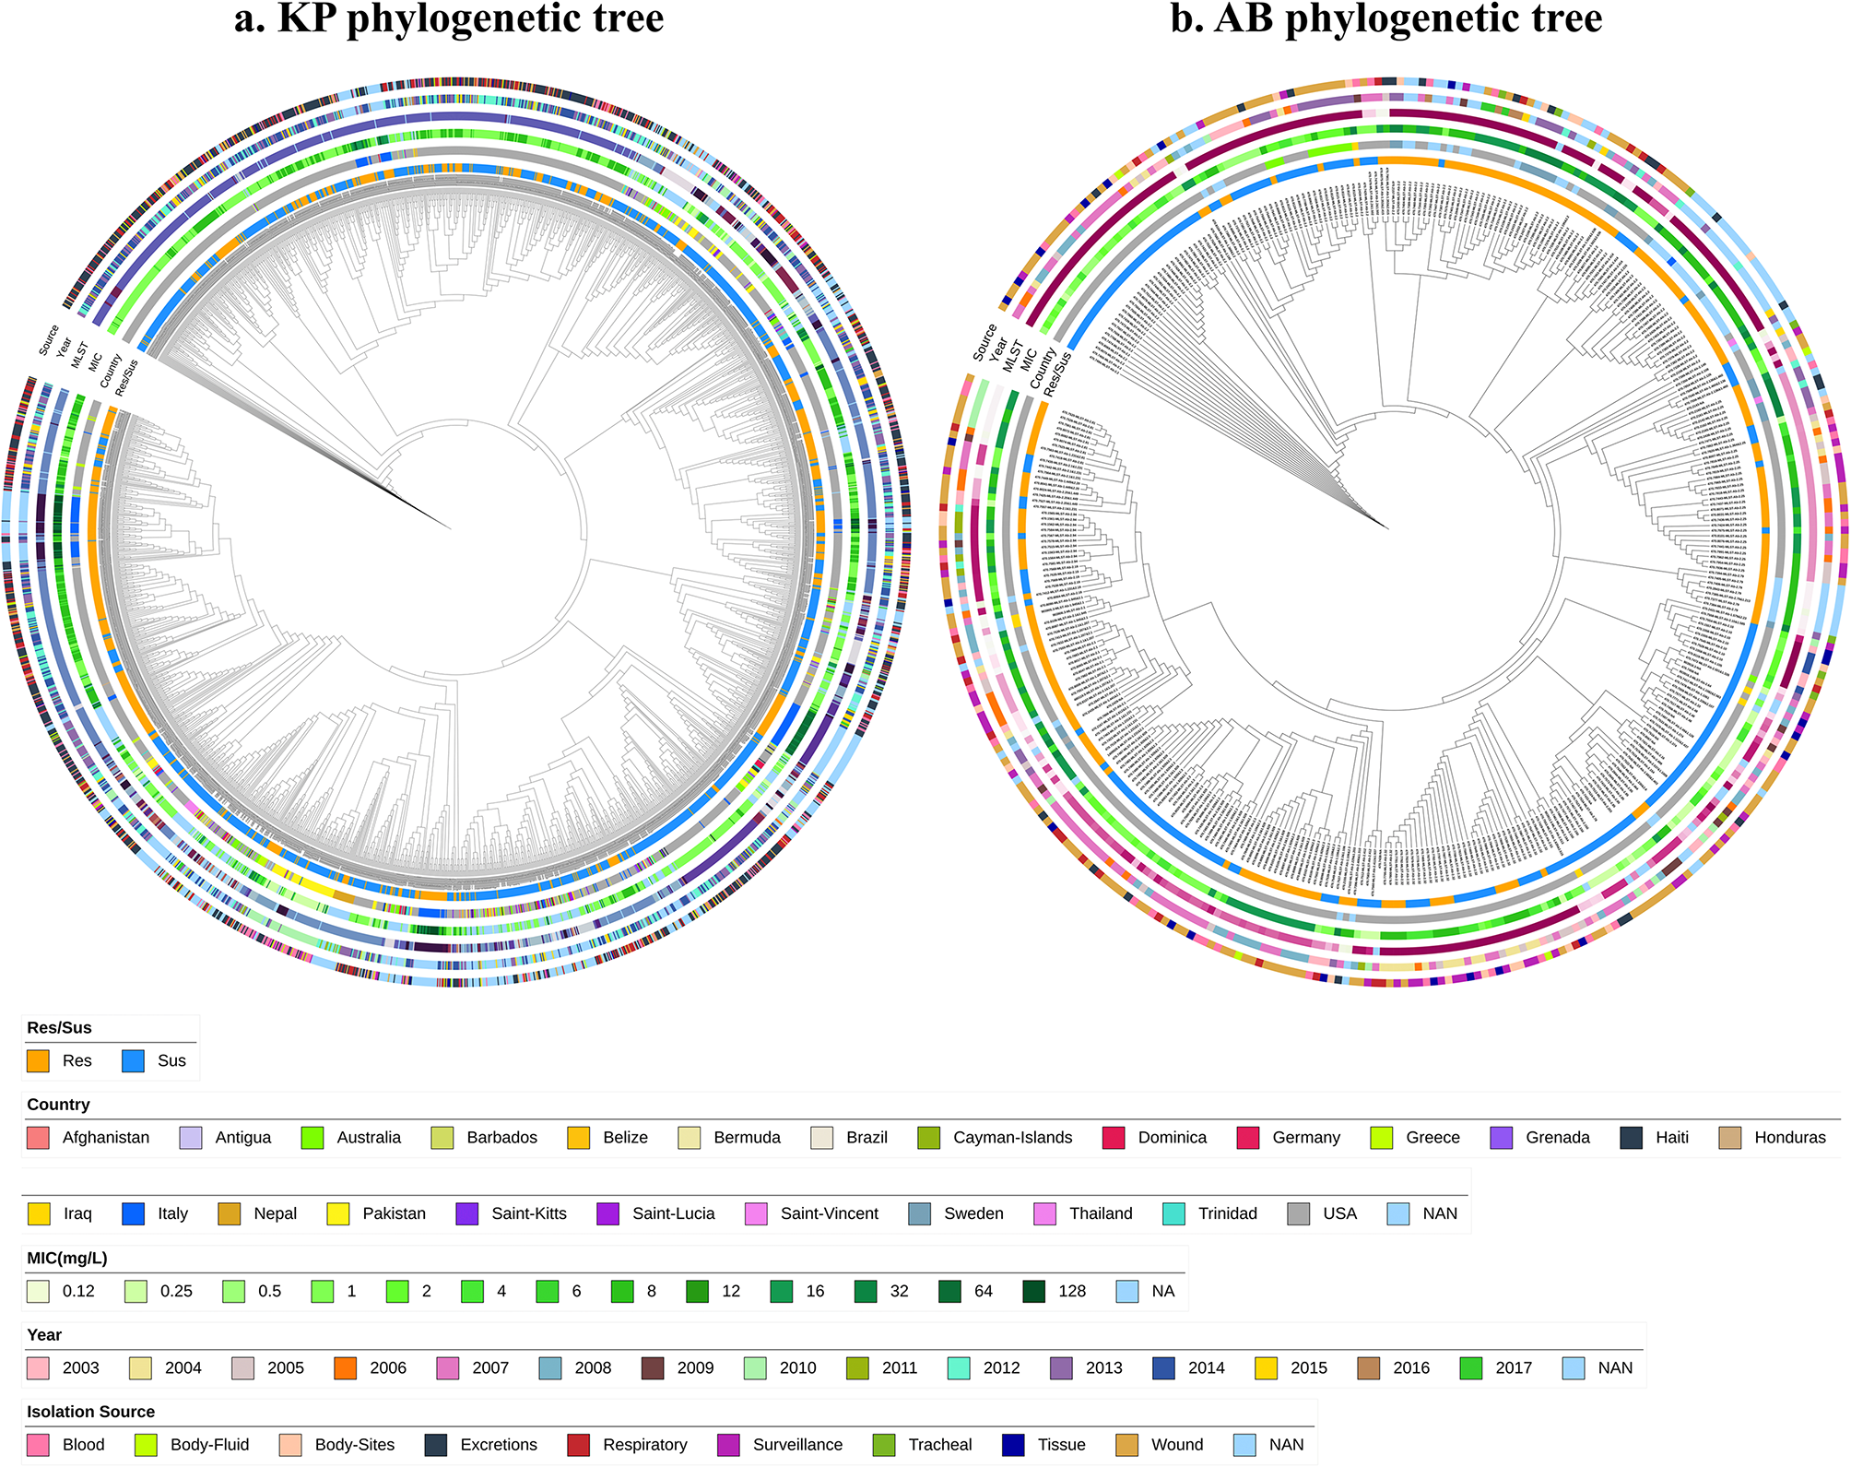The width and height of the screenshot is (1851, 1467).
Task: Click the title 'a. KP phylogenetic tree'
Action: coord(449,18)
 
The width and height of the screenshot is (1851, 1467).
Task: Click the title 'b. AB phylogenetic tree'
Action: coord(1386,18)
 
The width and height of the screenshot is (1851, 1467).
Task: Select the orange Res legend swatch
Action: coord(38,1060)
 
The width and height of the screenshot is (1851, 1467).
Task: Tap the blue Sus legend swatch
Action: coord(133,1060)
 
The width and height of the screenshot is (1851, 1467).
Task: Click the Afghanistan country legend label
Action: coord(105,1137)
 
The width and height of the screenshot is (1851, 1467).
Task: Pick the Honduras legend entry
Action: coord(1789,1137)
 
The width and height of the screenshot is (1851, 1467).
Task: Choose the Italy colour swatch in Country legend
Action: coord(133,1213)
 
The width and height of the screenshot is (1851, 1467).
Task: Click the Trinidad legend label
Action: coord(1227,1213)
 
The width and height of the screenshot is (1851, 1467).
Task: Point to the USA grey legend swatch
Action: coord(1298,1213)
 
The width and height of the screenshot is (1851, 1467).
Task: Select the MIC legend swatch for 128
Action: coord(1033,1291)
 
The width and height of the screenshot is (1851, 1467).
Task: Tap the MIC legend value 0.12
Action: coord(78,1291)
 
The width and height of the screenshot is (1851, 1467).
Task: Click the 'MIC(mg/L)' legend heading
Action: coord(67,1258)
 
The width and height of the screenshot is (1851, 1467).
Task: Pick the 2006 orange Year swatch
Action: coord(345,1367)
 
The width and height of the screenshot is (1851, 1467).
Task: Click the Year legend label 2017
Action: coord(1513,1367)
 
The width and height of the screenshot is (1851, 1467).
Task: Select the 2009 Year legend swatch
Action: coord(652,1367)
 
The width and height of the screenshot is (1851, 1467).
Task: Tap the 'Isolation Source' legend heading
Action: coord(90,1412)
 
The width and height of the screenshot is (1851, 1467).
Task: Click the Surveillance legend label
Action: coord(797,1445)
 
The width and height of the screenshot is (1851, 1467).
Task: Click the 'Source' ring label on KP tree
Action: coord(49,340)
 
